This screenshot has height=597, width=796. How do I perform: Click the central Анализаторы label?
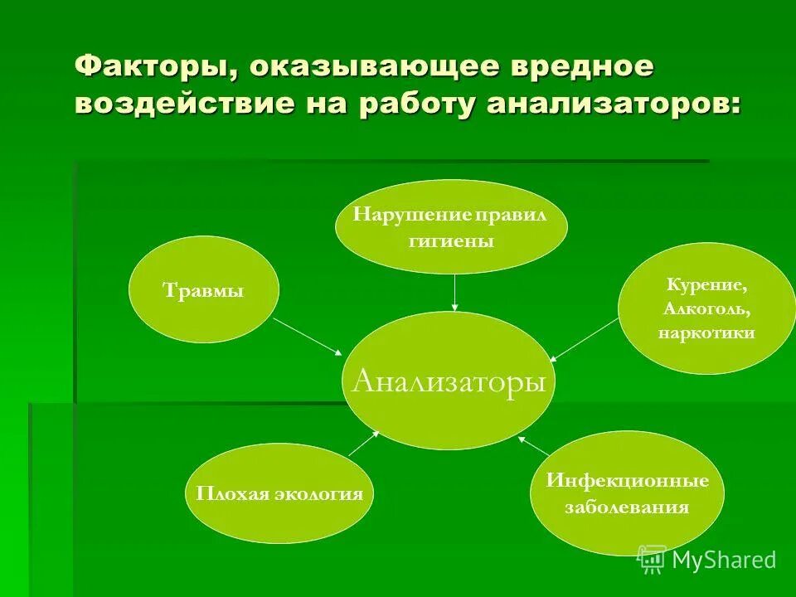coord(449,381)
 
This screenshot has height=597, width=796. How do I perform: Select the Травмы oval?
coord(204,291)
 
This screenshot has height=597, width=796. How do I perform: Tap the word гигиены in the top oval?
coord(451,242)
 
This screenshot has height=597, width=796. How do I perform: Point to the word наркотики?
coord(706,332)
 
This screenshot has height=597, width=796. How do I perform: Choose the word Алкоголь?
coord(706,308)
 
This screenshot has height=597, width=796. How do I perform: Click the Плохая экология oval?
coord(279,494)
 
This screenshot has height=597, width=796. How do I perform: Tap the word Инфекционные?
coord(627,481)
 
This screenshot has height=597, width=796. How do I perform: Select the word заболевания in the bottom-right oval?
coord(627,507)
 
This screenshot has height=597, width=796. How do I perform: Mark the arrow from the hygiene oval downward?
coord(454,292)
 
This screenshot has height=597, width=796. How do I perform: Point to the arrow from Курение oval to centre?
coord(585,338)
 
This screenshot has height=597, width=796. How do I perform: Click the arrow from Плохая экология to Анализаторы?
coord(363,444)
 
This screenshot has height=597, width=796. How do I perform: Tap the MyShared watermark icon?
coord(651,560)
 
